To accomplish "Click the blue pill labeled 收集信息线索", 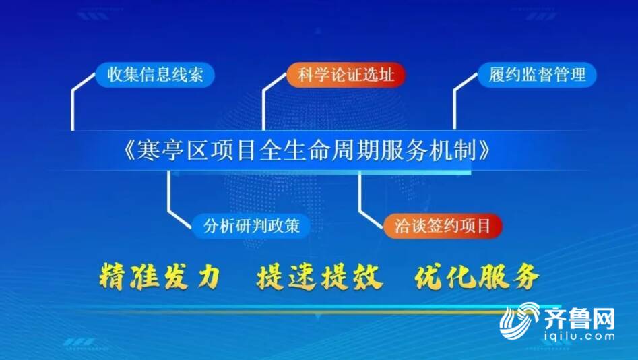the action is [155, 75].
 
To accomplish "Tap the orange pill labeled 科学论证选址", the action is [346, 75].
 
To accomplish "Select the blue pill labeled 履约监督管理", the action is [537, 75].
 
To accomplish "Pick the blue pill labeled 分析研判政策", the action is [251, 226].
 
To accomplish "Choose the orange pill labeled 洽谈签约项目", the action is [443, 226].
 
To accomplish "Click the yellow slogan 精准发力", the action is [160, 276].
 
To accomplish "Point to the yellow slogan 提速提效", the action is [319, 276].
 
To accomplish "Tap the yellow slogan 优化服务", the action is [477, 276].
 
